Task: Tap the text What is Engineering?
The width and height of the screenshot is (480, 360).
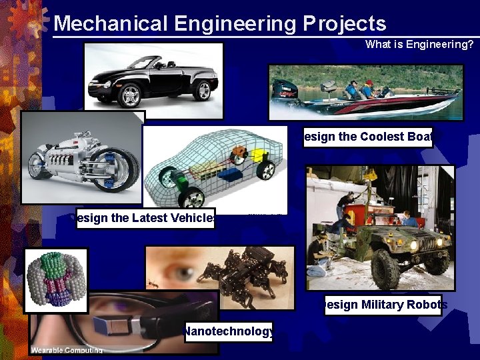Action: click(x=419, y=45)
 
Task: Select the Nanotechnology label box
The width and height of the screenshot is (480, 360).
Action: click(x=229, y=331)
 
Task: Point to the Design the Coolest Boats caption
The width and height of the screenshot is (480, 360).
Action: click(x=368, y=137)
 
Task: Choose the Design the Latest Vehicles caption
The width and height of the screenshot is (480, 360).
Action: click(x=145, y=218)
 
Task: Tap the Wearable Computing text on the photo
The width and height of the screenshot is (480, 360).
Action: click(x=67, y=350)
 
